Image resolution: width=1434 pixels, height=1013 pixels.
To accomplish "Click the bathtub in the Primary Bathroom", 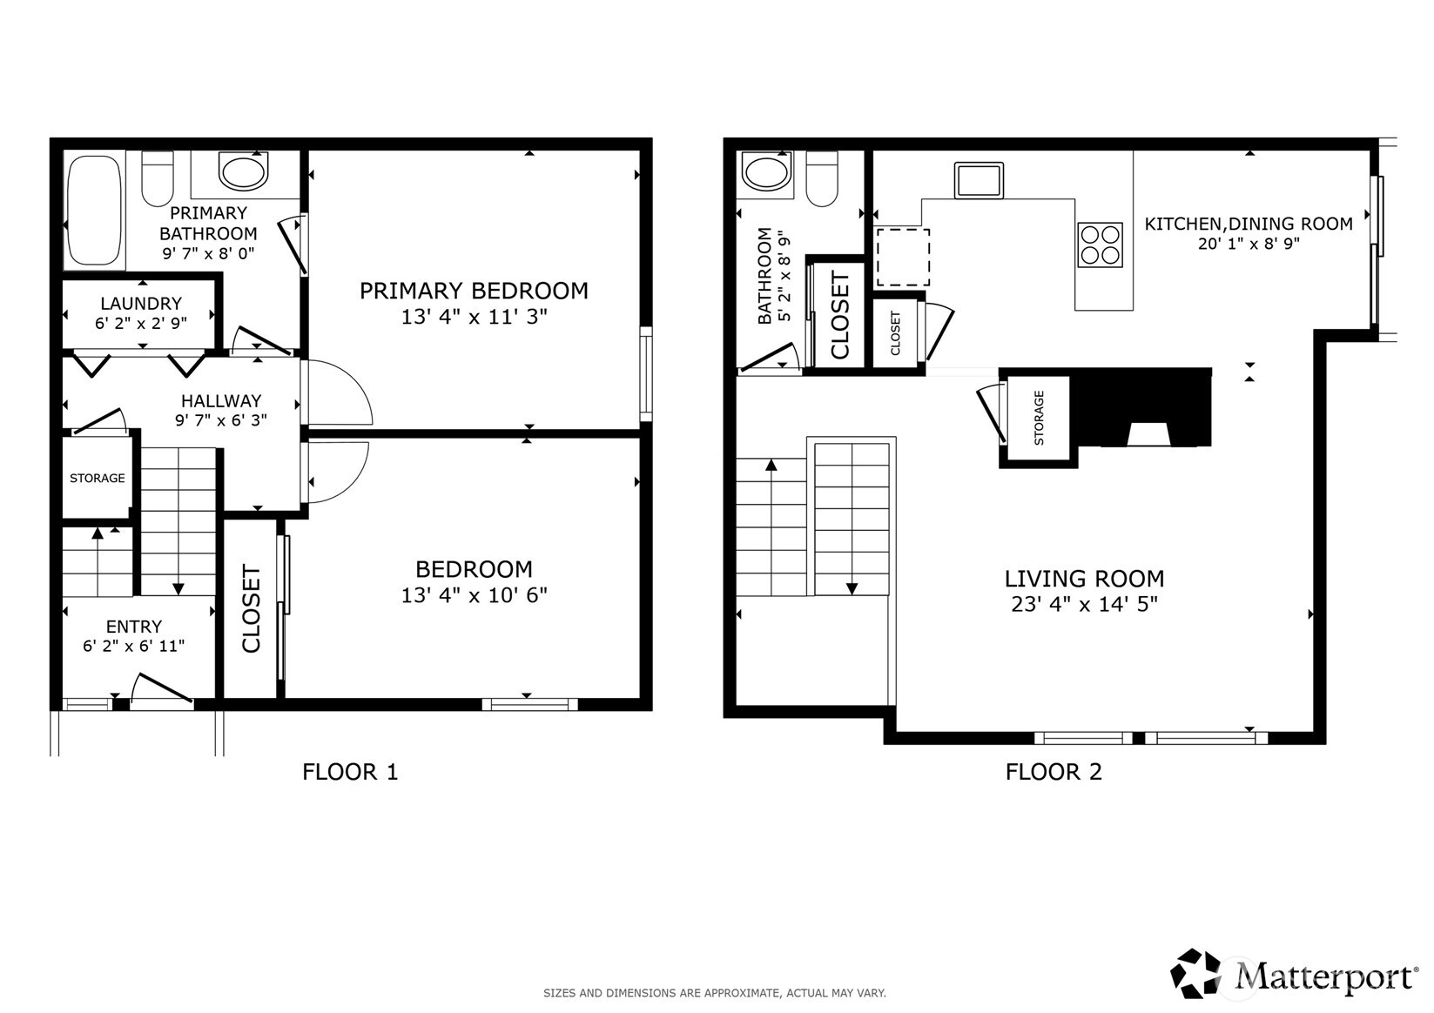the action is [94, 211].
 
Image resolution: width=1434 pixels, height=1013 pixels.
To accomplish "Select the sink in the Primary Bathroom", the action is [243, 171].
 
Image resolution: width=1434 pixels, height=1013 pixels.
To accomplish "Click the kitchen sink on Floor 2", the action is [979, 180].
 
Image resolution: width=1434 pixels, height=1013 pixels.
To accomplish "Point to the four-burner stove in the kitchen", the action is [1101, 245].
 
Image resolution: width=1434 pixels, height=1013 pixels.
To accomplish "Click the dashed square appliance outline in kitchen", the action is [903, 258].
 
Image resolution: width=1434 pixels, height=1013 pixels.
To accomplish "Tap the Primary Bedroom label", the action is [474, 291].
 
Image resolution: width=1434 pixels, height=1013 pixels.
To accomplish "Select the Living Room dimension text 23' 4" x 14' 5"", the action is [1085, 604].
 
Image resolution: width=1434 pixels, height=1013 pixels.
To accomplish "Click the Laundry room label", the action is [141, 303].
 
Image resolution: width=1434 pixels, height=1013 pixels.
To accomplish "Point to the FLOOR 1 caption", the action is [350, 772].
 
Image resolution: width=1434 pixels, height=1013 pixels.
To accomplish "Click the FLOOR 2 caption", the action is [1054, 772].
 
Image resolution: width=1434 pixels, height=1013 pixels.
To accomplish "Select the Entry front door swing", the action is [161, 689].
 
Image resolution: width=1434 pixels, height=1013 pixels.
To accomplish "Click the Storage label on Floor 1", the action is [98, 478].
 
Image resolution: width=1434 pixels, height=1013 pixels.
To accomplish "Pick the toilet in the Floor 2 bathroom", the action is [822, 178].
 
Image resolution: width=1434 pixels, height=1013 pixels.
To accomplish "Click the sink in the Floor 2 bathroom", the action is [767, 171].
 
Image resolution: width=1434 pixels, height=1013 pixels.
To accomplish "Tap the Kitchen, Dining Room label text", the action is [1249, 224].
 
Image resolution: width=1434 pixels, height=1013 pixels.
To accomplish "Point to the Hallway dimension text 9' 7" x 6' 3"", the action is [221, 420].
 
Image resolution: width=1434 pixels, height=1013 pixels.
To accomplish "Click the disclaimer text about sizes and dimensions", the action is [715, 993].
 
